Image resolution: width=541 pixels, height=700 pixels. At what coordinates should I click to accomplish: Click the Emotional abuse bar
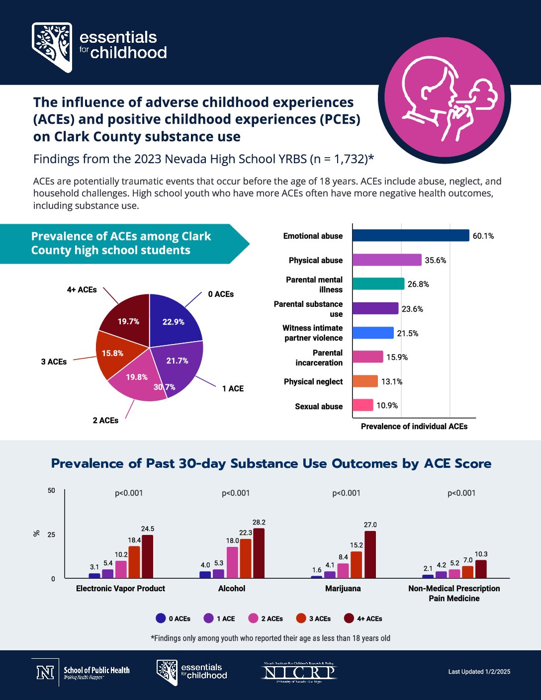pyautogui.click(x=411, y=235)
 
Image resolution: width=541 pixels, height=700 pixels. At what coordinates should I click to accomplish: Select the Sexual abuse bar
pyautogui.click(x=362, y=405)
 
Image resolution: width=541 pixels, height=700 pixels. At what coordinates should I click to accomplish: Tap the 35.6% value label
pyautogui.click(x=436, y=260)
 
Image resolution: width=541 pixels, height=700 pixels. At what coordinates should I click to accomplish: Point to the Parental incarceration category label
pyautogui.click(x=319, y=357)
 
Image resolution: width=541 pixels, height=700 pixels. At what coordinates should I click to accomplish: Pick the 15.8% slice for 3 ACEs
pyautogui.click(x=113, y=353)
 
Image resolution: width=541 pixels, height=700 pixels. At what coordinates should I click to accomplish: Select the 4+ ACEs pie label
pyautogui.click(x=82, y=289)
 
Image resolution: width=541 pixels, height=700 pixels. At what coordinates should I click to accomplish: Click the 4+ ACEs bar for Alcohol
pyautogui.click(x=259, y=553)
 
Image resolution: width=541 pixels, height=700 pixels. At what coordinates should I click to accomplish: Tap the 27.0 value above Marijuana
pyautogui.click(x=370, y=525)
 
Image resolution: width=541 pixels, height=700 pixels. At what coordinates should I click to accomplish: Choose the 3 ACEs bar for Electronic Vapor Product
pyautogui.click(x=134, y=562)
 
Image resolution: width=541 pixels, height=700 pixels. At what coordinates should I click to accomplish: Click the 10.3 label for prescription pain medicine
pyautogui.click(x=481, y=554)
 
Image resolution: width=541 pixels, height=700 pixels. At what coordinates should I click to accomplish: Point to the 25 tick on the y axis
pyautogui.click(x=52, y=534)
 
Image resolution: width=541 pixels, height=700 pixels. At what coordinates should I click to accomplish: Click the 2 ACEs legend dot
pyautogui.click(x=253, y=618)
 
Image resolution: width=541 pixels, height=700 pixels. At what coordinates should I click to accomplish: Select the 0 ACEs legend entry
pyautogui.click(x=173, y=618)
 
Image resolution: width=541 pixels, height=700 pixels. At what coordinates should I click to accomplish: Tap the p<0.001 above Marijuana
pyautogui.click(x=346, y=493)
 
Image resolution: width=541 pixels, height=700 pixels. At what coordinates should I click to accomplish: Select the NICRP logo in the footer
pyautogui.click(x=299, y=672)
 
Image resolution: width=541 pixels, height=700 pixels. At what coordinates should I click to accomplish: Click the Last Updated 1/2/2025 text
pyautogui.click(x=479, y=672)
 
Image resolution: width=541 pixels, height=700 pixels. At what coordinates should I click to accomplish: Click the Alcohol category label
pyautogui.click(x=232, y=588)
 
